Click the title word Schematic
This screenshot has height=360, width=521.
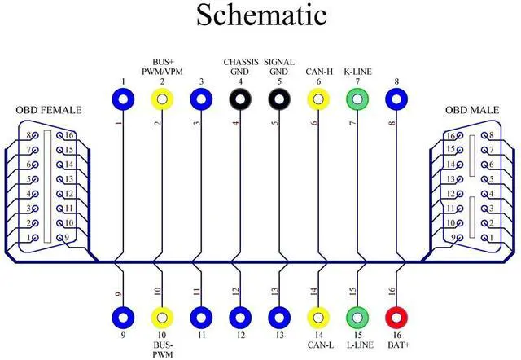[x=260, y=15]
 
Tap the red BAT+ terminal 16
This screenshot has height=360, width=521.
[x=396, y=316]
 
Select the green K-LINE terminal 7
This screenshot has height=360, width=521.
[x=357, y=100]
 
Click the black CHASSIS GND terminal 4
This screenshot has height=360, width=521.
[x=240, y=100]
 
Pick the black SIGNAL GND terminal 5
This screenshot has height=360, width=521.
[x=279, y=100]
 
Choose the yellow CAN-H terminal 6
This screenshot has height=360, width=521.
[x=318, y=100]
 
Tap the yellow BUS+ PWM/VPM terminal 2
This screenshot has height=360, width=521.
[x=162, y=100]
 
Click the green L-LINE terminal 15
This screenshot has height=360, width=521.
[x=357, y=316]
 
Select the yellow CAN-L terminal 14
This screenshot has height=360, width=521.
[x=318, y=316]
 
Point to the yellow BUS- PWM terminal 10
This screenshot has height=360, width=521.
[x=162, y=316]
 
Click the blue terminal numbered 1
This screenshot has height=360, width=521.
[x=123, y=100]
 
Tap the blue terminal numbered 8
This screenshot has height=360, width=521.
[x=396, y=100]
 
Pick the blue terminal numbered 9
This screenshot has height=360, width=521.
[x=123, y=316]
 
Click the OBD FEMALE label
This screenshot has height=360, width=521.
[x=48, y=110]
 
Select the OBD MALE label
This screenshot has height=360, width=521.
[x=471, y=110]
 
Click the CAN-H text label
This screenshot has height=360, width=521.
[x=318, y=72]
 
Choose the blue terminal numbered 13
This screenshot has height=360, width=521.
[x=279, y=316]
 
